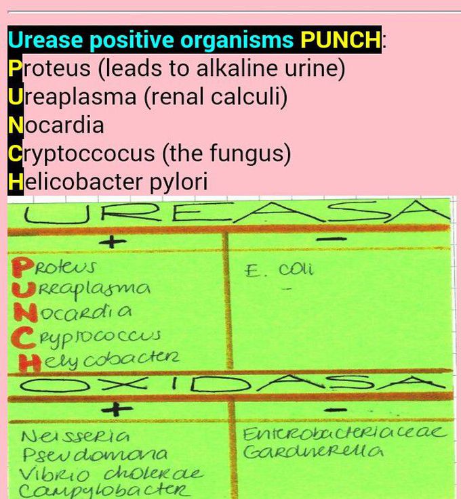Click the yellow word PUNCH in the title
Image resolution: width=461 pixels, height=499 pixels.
pyautogui.click(x=340, y=39)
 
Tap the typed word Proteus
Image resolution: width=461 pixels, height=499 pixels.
pyautogui.click(x=49, y=68)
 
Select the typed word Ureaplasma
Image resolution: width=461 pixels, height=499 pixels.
pyautogui.click(x=72, y=97)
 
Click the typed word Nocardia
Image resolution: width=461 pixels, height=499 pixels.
pyautogui.click(x=56, y=125)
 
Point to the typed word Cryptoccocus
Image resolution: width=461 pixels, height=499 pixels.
pyautogui.click(x=81, y=154)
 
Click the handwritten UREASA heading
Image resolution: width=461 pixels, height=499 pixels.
pyautogui.click(x=236, y=213)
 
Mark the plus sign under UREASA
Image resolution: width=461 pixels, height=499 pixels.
pyautogui.click(x=111, y=242)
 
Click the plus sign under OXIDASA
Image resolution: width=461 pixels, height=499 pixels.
pyautogui.click(x=117, y=409)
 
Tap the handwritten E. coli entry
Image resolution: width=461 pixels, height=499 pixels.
pyautogui.click(x=279, y=270)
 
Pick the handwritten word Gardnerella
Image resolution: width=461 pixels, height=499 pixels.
pyautogui.click(x=314, y=451)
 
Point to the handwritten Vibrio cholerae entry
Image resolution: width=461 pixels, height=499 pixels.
pyautogui.click(x=111, y=474)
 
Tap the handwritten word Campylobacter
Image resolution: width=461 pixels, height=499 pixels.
pyautogui.click(x=105, y=491)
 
